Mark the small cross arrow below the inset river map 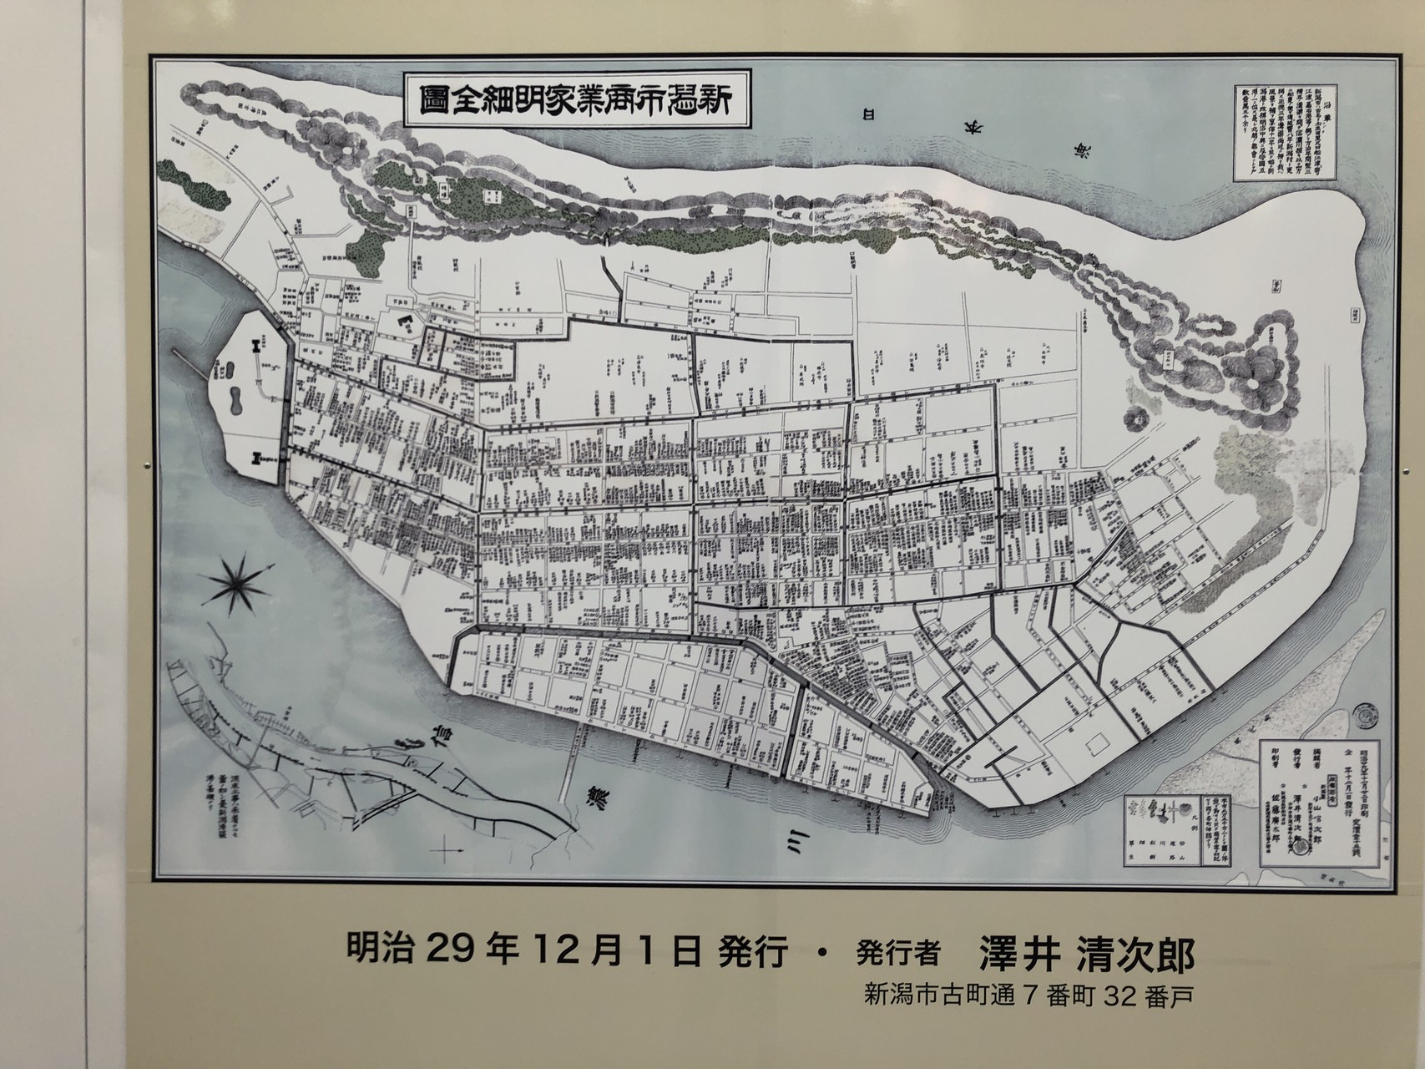point(448,853)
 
